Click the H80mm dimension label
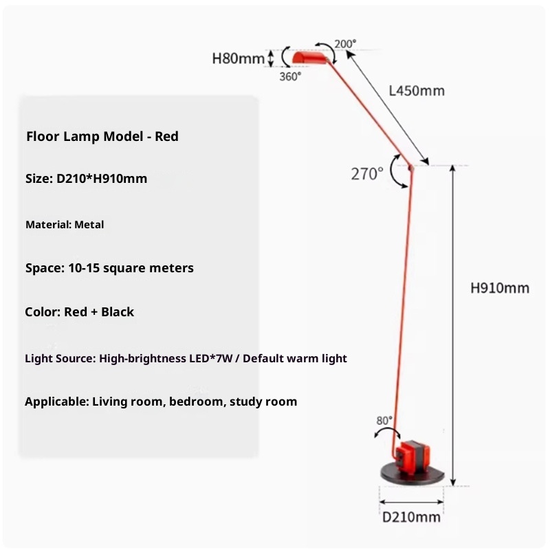(x=238, y=58)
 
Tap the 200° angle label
(x=345, y=44)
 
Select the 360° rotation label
(x=290, y=77)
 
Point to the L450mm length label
(x=417, y=91)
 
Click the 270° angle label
(x=367, y=174)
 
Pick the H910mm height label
(x=500, y=288)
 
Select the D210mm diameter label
(x=412, y=517)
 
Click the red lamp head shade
(x=308, y=56)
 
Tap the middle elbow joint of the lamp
(x=410, y=166)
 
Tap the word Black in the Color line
(x=118, y=311)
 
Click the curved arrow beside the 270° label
(x=396, y=172)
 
